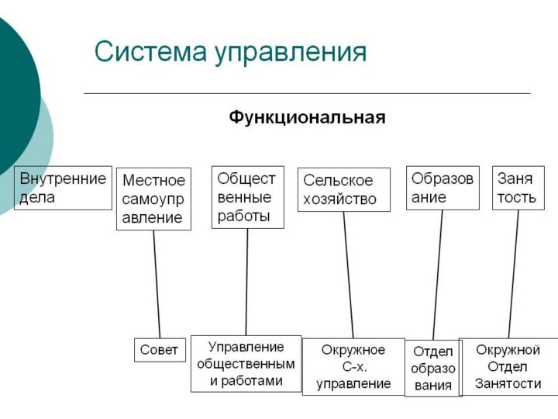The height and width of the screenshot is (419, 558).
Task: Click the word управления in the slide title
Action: (291, 54)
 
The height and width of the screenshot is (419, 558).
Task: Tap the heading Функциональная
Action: (307, 118)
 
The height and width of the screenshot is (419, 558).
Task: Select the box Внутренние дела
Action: (63, 188)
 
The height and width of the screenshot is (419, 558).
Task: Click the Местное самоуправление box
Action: (153, 199)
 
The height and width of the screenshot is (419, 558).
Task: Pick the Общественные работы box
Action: (247, 197)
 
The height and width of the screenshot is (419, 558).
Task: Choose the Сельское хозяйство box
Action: (343, 189)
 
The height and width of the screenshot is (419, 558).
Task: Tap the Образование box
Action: (443, 188)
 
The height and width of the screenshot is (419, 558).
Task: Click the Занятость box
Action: (518, 188)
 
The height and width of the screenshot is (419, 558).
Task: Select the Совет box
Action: (159, 350)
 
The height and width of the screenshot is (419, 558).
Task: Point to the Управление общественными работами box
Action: (246, 363)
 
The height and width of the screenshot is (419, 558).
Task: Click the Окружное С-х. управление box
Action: (353, 366)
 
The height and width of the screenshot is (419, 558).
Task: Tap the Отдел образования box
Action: (432, 369)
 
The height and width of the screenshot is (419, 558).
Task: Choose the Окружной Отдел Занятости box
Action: (508, 366)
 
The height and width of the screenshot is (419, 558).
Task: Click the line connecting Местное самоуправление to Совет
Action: (157, 284)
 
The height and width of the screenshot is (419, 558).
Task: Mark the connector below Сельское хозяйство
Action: (349, 275)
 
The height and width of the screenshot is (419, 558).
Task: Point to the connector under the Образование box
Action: (438, 275)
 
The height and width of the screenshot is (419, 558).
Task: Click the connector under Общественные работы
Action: (246, 281)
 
